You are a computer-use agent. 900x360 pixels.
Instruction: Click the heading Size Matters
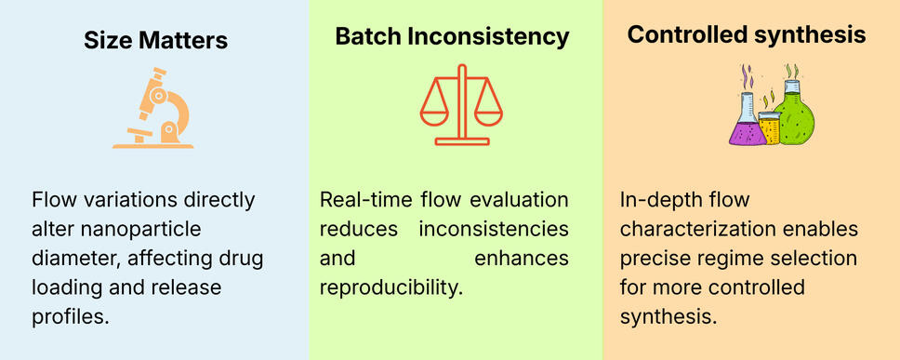point(155,41)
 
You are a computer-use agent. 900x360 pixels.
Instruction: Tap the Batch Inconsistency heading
point(452,37)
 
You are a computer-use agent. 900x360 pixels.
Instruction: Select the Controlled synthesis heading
point(747,35)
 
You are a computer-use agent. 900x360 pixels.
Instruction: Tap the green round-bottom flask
point(794,113)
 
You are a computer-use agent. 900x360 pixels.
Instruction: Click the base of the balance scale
point(462,141)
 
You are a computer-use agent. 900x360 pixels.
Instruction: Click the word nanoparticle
point(141,230)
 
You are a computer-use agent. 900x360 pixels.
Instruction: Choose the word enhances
point(522,259)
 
